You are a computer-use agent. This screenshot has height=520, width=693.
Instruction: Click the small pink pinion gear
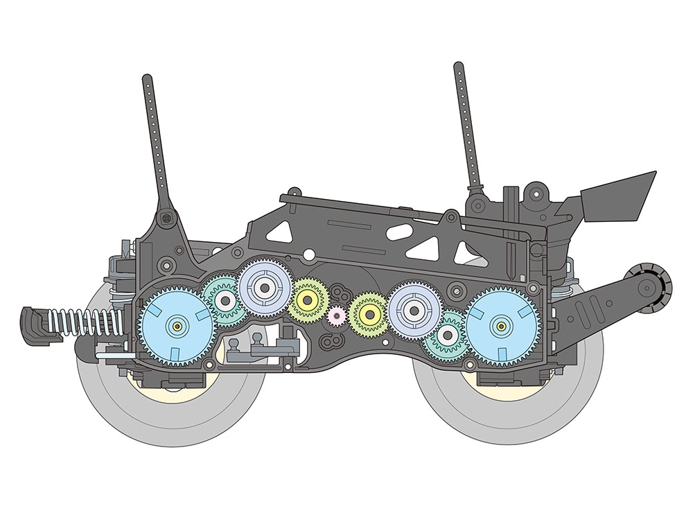[337, 316]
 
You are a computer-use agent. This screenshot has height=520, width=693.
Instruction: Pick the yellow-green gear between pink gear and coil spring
[307, 299]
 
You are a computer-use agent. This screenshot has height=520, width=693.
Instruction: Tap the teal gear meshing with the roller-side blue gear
[448, 336]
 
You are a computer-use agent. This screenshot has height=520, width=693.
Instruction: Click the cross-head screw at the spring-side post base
[167, 218]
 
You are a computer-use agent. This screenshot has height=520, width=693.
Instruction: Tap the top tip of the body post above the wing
[458, 67]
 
